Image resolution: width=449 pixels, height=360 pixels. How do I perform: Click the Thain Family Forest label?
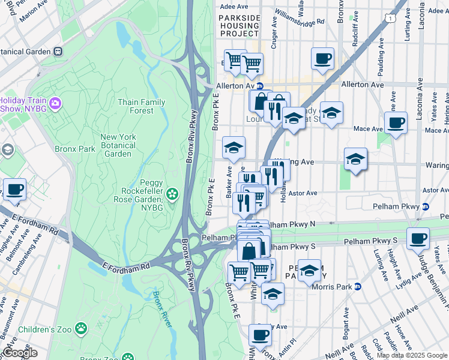click(141, 106)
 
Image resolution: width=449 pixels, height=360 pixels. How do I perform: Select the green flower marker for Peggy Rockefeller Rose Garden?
click(173, 193)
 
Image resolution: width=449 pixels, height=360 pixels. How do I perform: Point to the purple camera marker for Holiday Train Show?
click(56, 104)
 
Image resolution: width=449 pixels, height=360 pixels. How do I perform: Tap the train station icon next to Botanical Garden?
click(58, 52)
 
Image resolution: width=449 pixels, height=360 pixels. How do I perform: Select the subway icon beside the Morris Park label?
click(357, 287)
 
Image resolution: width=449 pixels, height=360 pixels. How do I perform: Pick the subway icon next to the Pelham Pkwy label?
click(426, 206)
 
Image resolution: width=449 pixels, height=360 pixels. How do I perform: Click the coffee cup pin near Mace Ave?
click(396, 124)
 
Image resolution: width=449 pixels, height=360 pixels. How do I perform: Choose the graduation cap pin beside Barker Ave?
click(234, 147)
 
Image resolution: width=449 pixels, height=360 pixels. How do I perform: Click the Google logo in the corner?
click(20, 353)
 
